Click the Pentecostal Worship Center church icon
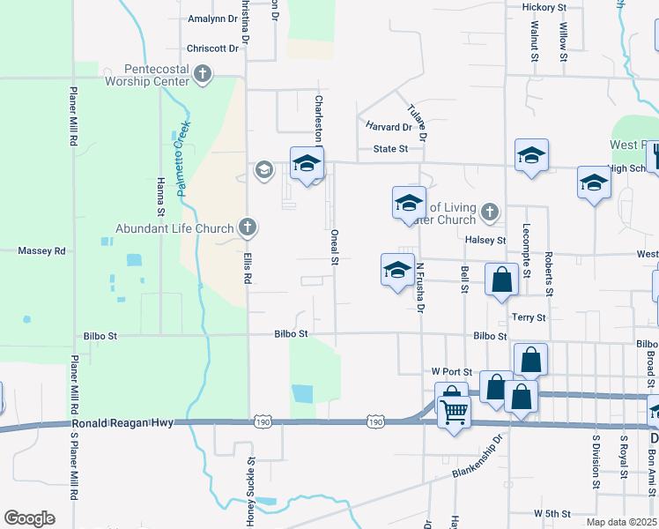point(204,74)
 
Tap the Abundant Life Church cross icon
point(248,228)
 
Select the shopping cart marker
point(455,410)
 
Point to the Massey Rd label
point(42,251)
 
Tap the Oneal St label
point(335,248)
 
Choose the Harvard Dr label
point(389,127)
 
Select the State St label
point(390,149)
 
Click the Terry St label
point(529,317)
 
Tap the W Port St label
point(452,372)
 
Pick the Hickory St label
point(544,7)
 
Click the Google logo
point(29,518)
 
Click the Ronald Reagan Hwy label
point(128,424)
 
